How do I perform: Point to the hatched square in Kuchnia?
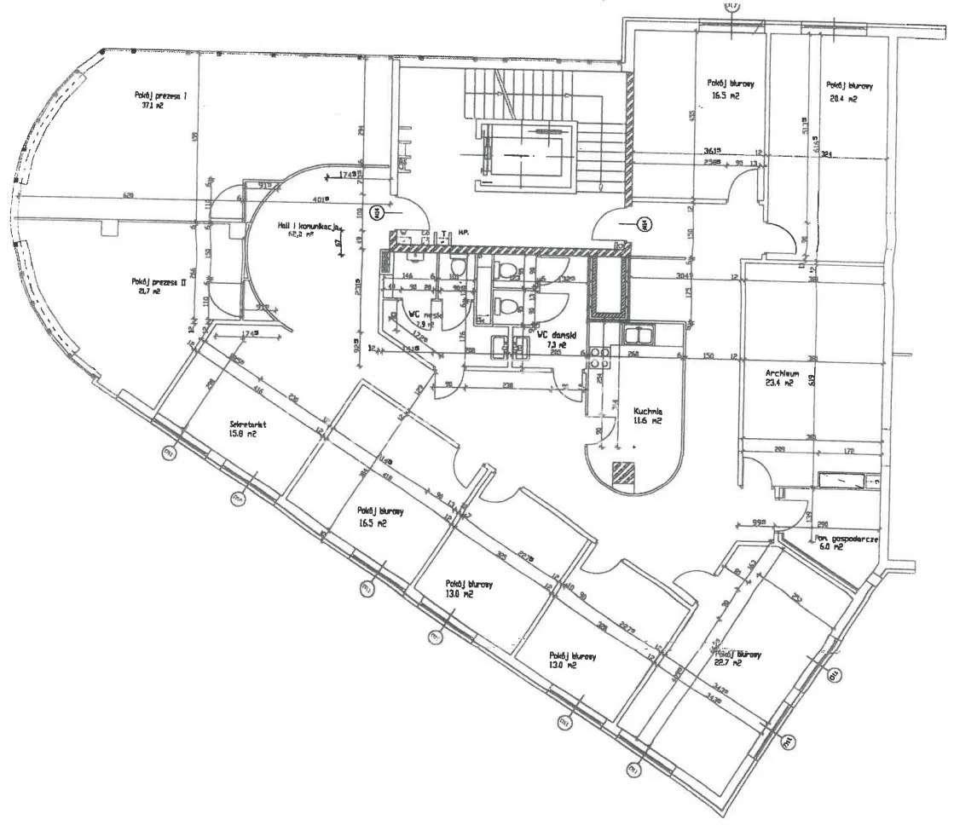coord(627,473)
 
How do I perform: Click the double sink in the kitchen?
coord(641,333)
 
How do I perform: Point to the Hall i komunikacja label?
coord(309,227)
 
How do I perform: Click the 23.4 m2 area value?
coord(778,384)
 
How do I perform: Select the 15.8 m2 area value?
coord(243,434)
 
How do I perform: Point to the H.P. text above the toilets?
coord(465,232)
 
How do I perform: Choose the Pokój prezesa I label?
coord(159,95)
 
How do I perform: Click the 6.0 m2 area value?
coord(833,547)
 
